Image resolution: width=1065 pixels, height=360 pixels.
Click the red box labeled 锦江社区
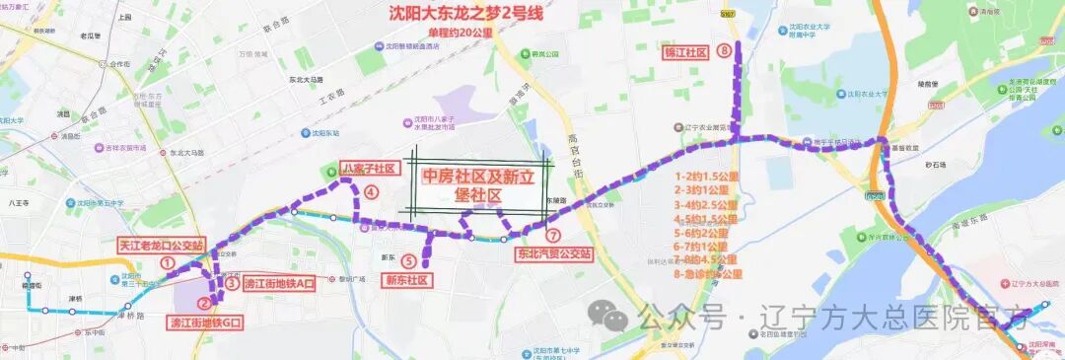686,51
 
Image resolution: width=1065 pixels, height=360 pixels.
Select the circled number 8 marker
725,50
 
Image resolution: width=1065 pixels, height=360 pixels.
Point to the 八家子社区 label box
368,169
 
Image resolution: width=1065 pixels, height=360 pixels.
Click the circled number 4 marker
371,192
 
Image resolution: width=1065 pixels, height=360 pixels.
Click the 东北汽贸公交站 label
553,253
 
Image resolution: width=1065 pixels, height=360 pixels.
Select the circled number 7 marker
553,236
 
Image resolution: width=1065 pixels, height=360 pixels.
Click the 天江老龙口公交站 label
161,245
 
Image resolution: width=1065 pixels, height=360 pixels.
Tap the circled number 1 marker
168,263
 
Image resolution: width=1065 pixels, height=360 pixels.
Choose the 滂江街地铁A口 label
278,283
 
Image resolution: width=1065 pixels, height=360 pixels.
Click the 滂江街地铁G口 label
206,322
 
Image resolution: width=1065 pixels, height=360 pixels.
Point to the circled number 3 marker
231,283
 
